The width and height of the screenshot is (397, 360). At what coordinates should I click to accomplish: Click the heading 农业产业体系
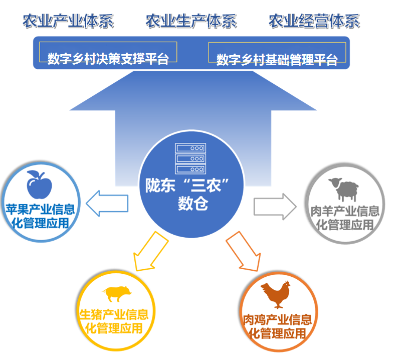tap(68, 22)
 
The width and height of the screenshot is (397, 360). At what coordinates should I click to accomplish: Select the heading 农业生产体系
tap(191, 22)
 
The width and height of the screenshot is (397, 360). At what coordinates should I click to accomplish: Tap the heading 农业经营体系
tap(314, 22)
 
